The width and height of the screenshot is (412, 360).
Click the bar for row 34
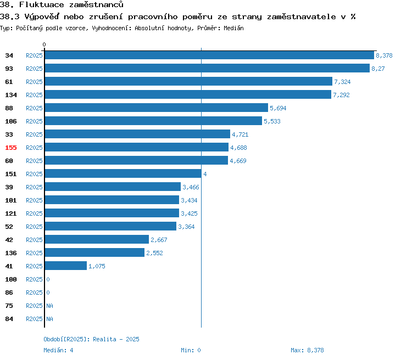209,55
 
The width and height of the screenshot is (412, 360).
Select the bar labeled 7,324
188,81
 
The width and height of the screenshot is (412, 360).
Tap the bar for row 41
66,266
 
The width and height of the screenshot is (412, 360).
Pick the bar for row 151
123,173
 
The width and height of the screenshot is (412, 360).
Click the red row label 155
11,148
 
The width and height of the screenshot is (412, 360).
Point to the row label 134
11,95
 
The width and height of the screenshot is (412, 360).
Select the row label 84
9,319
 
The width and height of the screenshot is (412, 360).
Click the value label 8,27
378,69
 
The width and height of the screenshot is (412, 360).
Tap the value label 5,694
278,108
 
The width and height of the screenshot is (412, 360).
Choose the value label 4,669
238,161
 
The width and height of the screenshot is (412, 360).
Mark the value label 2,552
154,253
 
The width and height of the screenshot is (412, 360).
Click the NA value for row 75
49,306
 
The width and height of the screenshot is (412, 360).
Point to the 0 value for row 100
48,279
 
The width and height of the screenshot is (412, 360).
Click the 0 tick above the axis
44,44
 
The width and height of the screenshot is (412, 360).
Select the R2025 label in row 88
34,108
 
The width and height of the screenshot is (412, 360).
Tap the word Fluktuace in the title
42,5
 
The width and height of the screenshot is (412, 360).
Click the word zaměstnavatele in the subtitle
302,17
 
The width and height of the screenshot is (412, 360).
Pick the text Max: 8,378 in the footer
307,350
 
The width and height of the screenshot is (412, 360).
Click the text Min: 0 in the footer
191,350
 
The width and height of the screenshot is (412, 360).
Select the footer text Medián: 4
58,350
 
